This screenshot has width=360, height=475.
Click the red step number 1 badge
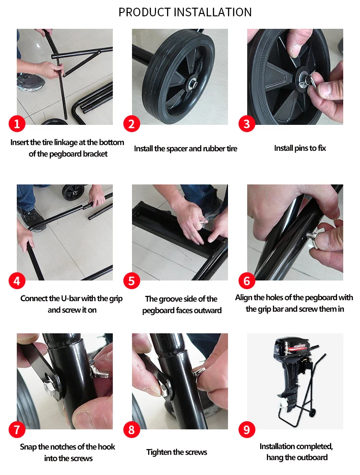[17, 123]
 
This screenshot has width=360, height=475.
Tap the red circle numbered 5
[132, 280]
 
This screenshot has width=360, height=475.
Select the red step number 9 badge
[247, 429]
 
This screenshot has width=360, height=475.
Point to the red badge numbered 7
[17, 429]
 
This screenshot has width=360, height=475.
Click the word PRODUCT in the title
[145, 12]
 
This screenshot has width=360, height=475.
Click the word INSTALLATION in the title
[213, 12]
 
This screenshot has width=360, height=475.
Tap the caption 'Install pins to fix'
[300, 148]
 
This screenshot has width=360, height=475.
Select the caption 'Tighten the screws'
[177, 452]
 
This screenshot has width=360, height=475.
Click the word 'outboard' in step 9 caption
[313, 457]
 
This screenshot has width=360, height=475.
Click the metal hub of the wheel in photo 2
[192, 83]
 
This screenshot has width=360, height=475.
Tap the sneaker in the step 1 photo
[30, 82]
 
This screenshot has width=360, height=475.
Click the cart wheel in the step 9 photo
[312, 412]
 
